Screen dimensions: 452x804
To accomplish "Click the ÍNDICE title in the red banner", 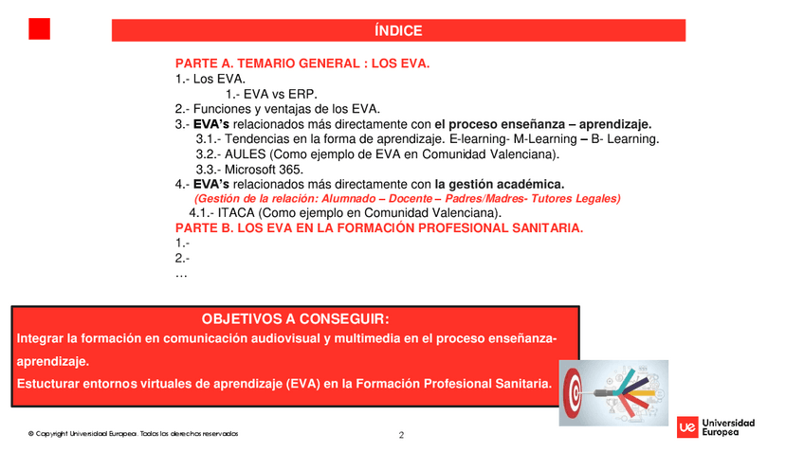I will [x=398, y=30].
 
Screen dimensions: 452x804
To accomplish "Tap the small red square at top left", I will [x=39, y=29].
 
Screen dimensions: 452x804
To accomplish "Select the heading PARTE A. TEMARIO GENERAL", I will [x=302, y=63].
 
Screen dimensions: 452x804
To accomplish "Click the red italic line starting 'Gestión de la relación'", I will [x=407, y=199].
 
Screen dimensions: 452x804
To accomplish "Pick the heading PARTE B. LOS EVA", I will [x=379, y=228].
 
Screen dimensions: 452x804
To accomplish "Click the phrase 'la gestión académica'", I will [x=500, y=184].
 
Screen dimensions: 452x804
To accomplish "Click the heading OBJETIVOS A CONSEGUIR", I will [x=296, y=319].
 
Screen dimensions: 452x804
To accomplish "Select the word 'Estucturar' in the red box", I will [x=50, y=384].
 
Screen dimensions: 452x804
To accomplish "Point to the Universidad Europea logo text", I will [x=730, y=427].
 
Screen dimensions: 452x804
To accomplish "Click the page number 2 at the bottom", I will [x=401, y=436].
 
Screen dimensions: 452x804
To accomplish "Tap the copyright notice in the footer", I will [x=133, y=434].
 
